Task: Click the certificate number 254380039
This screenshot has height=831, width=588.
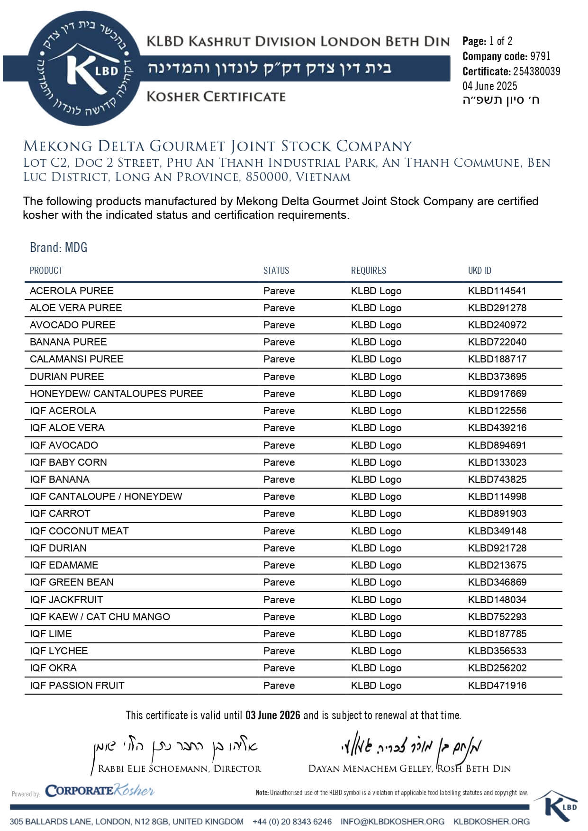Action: point(536,72)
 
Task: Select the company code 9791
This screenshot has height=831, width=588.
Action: point(540,56)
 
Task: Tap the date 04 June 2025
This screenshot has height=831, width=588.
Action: point(490,86)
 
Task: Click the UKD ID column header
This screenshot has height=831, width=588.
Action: point(479,271)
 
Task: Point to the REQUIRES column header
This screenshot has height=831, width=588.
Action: point(368,271)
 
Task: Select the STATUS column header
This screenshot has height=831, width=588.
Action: point(276,271)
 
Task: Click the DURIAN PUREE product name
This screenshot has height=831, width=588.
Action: point(67,377)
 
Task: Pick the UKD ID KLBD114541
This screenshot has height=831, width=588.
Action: point(497,291)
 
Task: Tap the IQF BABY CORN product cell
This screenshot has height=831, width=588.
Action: point(68,462)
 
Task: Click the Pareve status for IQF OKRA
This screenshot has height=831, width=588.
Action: point(279,668)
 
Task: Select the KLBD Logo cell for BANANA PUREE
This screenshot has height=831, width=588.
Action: point(376,342)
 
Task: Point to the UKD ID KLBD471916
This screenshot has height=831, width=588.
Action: point(497,686)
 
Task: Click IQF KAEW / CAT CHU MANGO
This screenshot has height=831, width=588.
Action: point(100,617)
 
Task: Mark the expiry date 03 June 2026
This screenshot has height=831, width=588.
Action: point(272,715)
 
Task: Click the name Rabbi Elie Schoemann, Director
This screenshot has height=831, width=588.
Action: point(179,768)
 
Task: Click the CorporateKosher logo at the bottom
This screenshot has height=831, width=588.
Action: point(100,791)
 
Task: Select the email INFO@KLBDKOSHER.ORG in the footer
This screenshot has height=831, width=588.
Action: point(392,822)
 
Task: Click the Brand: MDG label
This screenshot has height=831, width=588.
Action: point(58,247)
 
